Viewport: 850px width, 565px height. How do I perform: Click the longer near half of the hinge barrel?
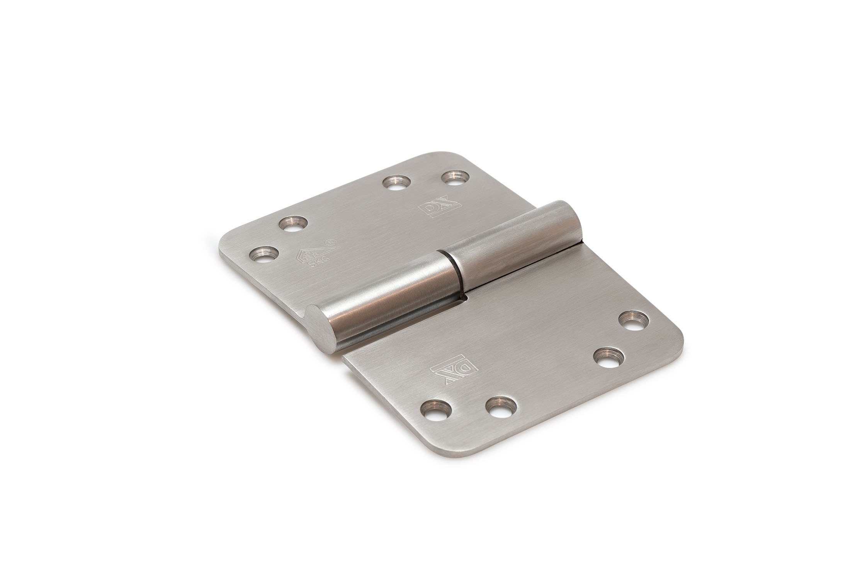(386, 297)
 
